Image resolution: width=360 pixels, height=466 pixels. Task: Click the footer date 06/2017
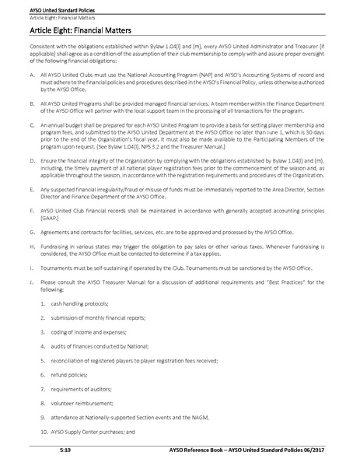click(334, 450)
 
